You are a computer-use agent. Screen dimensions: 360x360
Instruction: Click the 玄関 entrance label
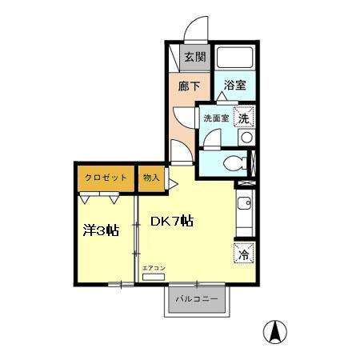point(195,57)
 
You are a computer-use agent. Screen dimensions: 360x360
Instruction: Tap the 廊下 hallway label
point(189,86)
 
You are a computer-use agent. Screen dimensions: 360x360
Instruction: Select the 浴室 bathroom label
point(234,85)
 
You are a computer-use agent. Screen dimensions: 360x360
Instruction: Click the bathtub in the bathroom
point(235,58)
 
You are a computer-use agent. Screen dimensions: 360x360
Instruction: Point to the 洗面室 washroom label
point(216,118)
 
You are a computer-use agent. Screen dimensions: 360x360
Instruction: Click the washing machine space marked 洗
point(244,117)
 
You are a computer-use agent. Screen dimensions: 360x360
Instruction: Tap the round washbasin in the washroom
point(246,138)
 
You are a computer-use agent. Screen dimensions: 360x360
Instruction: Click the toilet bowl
point(235,163)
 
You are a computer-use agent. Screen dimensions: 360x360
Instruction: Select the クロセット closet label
point(106,178)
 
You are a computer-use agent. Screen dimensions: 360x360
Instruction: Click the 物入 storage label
point(151,178)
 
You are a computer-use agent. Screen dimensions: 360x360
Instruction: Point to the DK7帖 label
point(172,221)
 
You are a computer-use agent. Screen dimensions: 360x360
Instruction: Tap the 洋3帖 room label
point(101,230)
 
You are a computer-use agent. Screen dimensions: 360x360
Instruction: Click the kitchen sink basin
point(244,203)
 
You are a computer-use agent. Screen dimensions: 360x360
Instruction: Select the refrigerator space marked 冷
point(244,253)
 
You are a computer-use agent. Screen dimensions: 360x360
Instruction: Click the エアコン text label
point(154,268)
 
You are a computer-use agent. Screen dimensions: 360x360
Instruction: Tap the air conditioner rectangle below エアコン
point(154,277)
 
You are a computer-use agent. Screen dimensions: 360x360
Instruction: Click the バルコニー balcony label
point(197,299)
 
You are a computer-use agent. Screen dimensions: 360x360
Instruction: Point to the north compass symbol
point(275,332)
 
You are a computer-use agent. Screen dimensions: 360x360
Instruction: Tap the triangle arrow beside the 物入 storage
point(173,184)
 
